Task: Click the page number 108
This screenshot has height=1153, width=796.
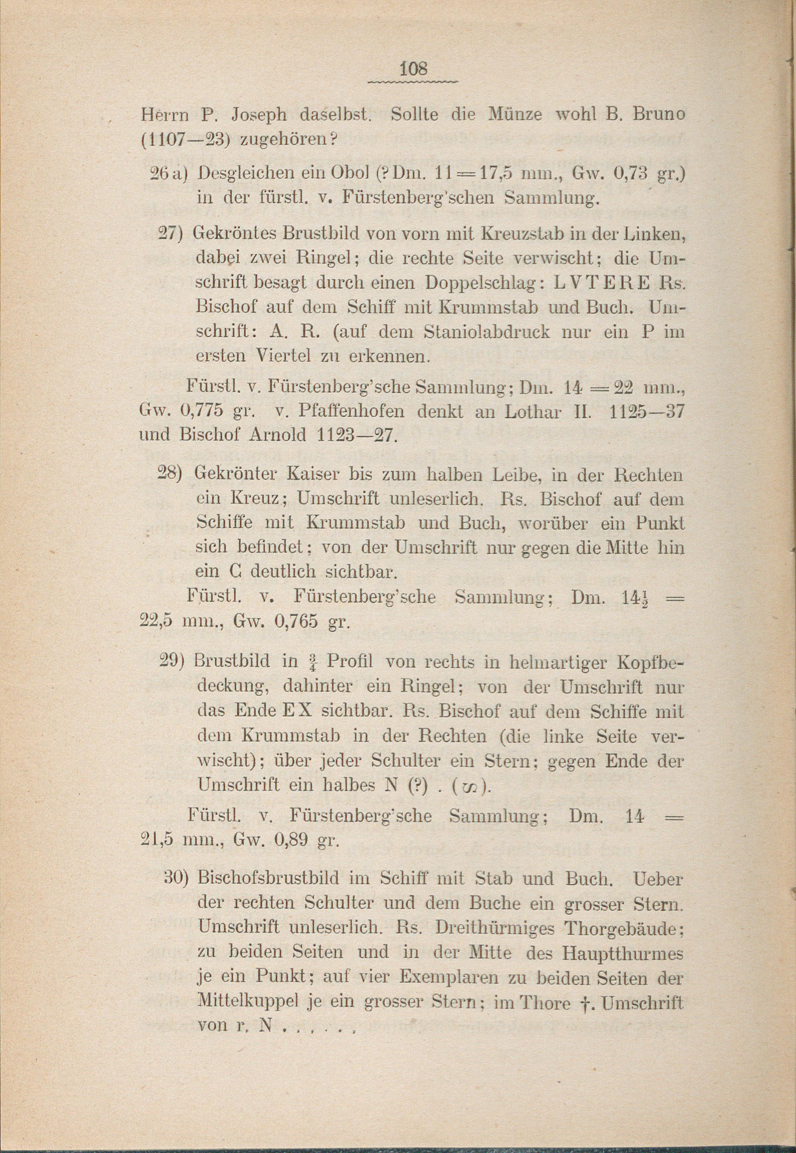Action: pyautogui.click(x=414, y=68)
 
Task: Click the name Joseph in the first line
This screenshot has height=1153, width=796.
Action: pyautogui.click(x=259, y=115)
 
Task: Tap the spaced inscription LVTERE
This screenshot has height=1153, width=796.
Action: pyautogui.click(x=603, y=283)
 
